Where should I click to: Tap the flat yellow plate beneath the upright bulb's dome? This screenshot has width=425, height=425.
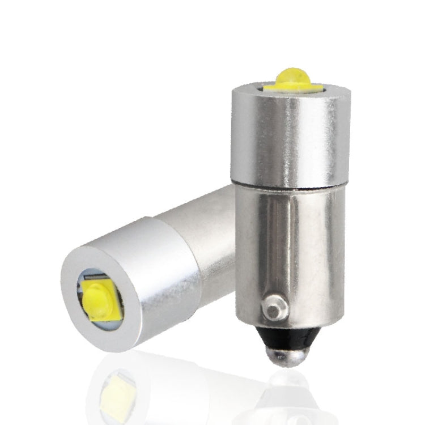(x=290, y=87)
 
